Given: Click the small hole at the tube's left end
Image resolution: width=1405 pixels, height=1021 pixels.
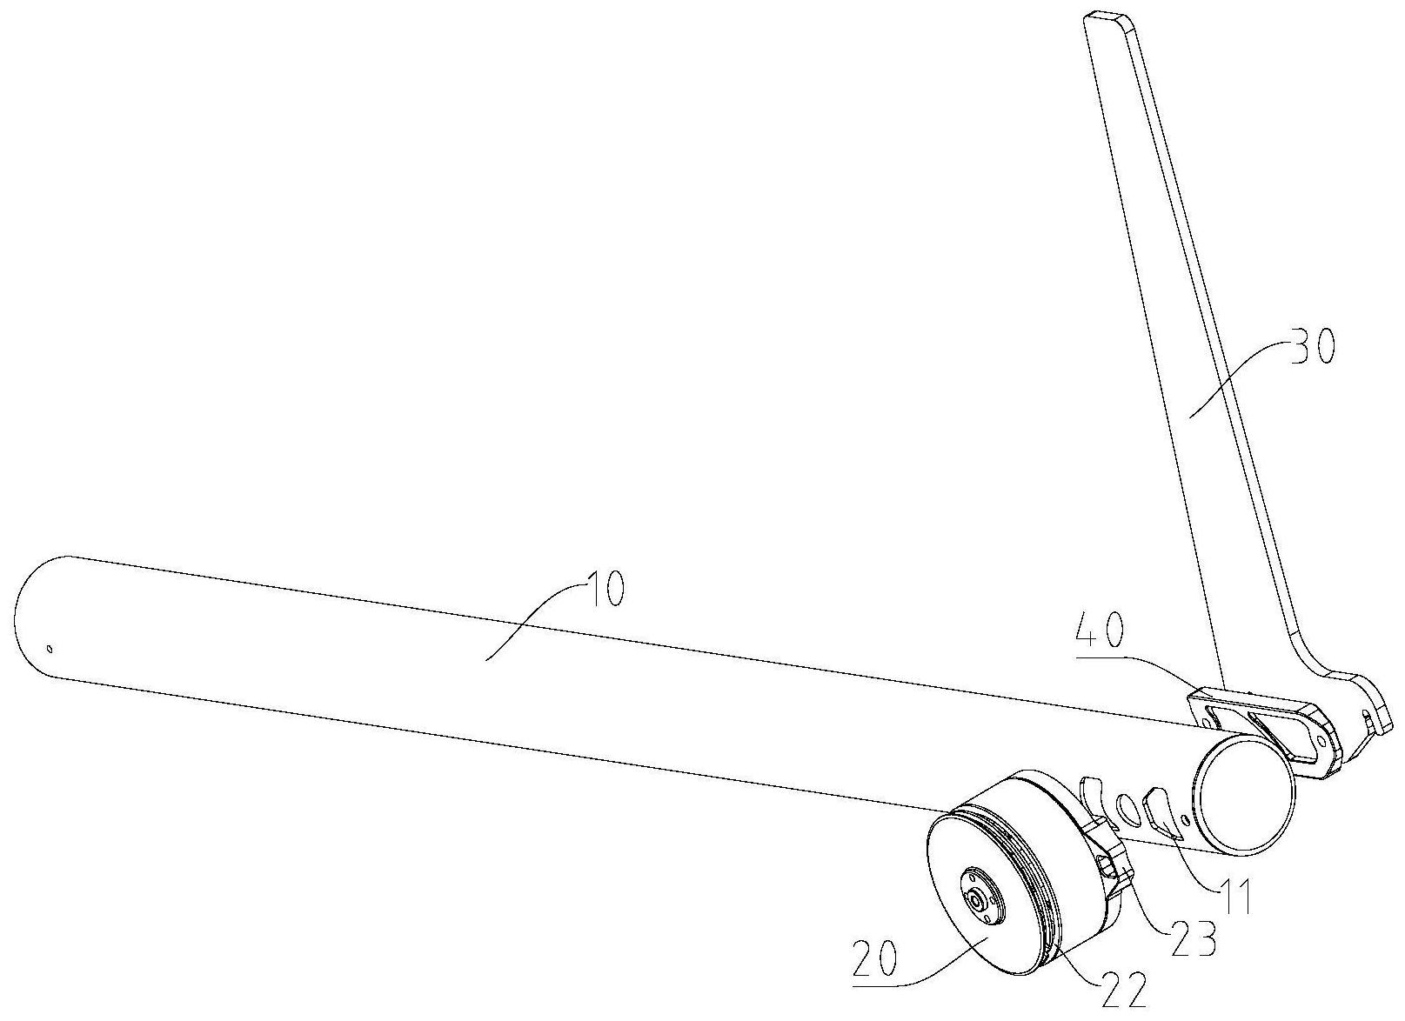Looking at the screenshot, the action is click(50, 648).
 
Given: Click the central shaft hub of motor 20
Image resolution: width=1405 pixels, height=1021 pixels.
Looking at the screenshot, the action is click(982, 904).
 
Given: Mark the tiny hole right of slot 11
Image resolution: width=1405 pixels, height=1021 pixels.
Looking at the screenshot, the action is click(1185, 820).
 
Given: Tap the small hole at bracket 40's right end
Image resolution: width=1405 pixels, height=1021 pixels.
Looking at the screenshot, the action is click(1322, 742).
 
